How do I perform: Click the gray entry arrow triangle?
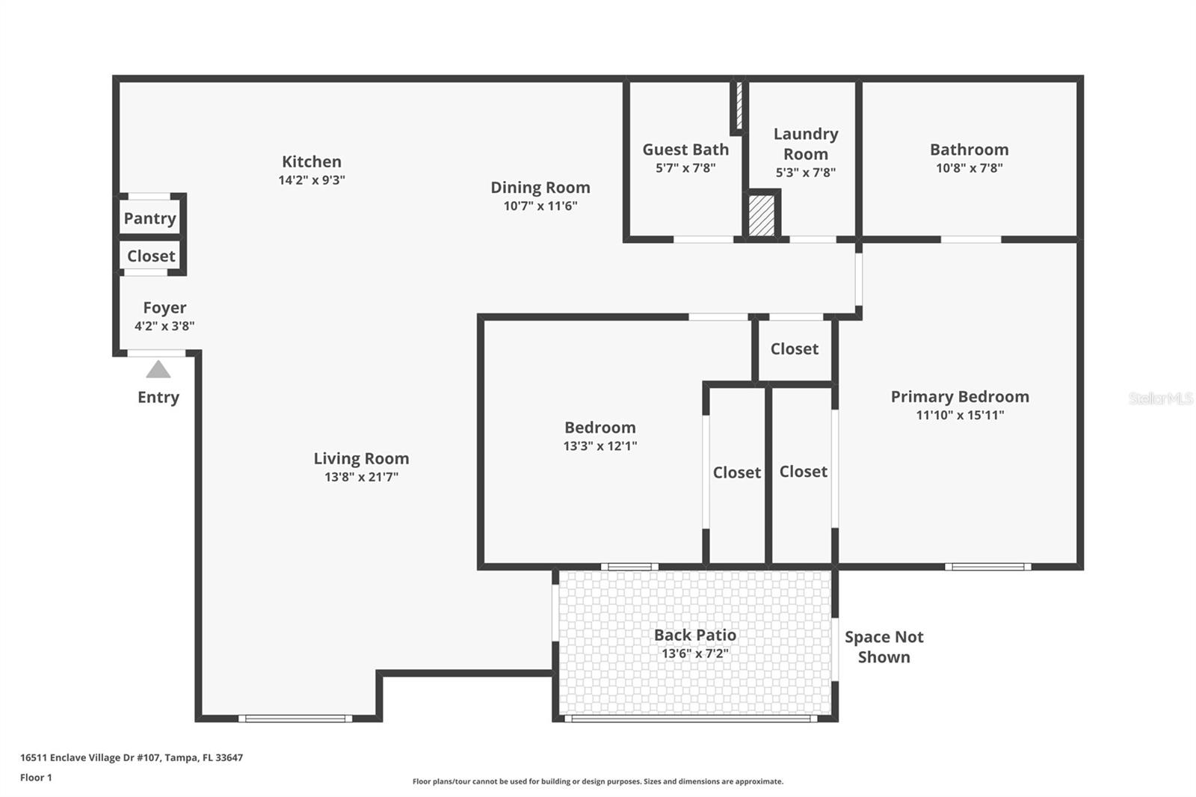coord(158,369)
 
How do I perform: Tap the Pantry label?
coord(149,218)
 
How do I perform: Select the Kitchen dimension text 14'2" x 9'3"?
coord(312,180)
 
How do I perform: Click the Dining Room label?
coord(540,188)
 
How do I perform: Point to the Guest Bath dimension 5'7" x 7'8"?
coord(685,168)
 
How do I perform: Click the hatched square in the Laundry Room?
coord(762,216)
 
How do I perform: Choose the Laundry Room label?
coord(805,144)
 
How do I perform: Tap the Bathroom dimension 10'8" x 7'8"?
coord(969,168)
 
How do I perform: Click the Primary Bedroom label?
coord(960,397)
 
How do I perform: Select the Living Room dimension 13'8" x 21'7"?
coord(361,477)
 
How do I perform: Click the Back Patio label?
coord(694,635)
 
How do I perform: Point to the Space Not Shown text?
coord(884,647)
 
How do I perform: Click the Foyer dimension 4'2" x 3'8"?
coord(164,326)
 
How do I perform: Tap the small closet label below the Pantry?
coord(151,256)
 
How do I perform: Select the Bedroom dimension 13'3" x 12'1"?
coord(599,446)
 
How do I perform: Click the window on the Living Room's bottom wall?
coord(295,718)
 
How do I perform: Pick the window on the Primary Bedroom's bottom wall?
coord(987,567)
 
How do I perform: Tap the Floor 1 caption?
coord(36,778)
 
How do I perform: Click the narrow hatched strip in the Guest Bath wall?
coord(739,105)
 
